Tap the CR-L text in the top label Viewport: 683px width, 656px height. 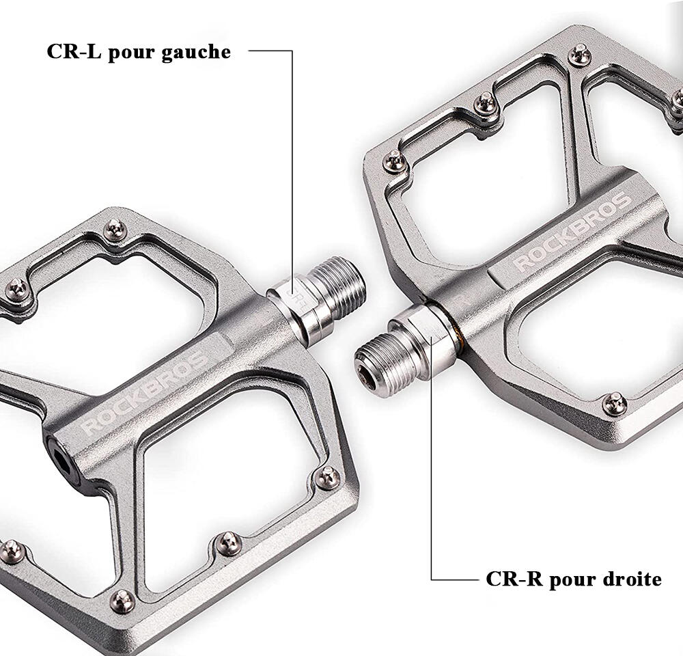tap(73, 51)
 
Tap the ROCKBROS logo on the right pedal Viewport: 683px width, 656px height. tap(572, 232)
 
